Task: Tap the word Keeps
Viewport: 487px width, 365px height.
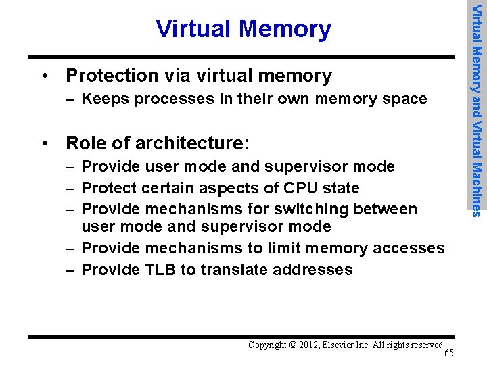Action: [x=102, y=99]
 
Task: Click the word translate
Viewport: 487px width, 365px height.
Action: [x=229, y=270]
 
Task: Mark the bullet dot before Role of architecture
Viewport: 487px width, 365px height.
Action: [x=45, y=143]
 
